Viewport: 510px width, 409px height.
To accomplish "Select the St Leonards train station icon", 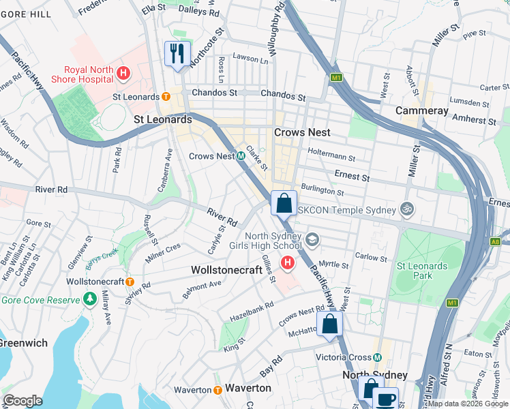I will (x=166, y=97).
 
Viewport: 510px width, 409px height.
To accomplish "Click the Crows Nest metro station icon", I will (x=241, y=156).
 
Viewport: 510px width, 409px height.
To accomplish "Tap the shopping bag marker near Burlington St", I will (x=284, y=202).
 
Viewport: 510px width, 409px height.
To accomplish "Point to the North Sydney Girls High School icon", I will (x=312, y=238).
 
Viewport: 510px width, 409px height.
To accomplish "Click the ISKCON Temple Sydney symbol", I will (x=408, y=209).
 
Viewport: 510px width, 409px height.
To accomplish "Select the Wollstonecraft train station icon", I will (x=129, y=282).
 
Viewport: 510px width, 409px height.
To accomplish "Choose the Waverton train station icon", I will (x=217, y=389).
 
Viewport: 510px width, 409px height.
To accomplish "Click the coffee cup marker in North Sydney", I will (x=386, y=398).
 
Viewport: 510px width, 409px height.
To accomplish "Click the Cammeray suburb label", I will (x=422, y=110).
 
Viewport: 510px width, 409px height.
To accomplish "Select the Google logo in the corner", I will (x=22, y=400).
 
